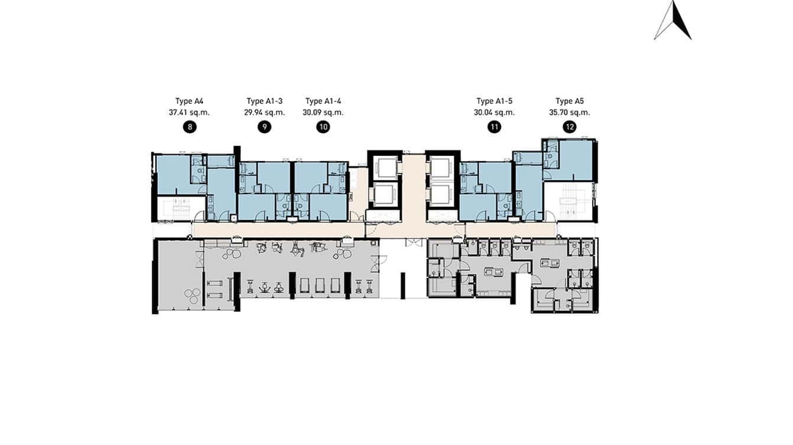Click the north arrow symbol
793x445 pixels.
[x=673, y=21]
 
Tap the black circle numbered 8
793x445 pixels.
[x=190, y=127]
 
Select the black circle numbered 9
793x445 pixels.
[x=265, y=127]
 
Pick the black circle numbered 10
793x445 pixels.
[x=323, y=127]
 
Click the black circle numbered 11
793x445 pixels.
[x=495, y=127]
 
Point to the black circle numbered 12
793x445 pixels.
[x=570, y=127]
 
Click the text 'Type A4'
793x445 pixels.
[x=190, y=101]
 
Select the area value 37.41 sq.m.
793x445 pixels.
[x=190, y=112]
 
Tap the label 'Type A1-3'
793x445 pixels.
[x=265, y=101]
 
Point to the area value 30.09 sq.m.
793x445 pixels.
[x=323, y=112]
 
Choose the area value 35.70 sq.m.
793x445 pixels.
[x=570, y=112]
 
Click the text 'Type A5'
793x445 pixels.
[x=570, y=101]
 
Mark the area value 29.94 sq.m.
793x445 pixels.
[x=265, y=112]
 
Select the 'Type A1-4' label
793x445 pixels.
[x=323, y=101]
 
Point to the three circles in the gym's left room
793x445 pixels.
[x=192, y=295]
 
